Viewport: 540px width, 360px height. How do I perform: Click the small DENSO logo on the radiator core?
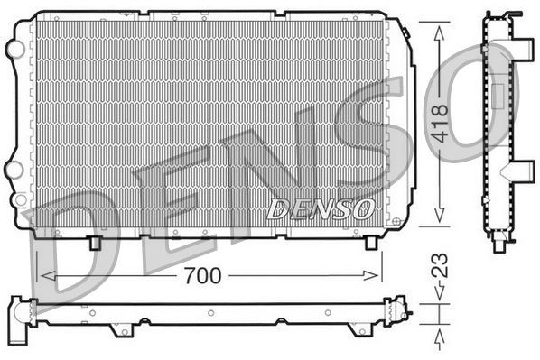(321, 208)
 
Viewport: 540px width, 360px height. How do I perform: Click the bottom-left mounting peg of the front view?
(95, 243)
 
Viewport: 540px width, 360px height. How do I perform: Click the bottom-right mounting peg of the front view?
(370, 243)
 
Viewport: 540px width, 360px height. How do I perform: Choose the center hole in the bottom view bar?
(209, 314)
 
